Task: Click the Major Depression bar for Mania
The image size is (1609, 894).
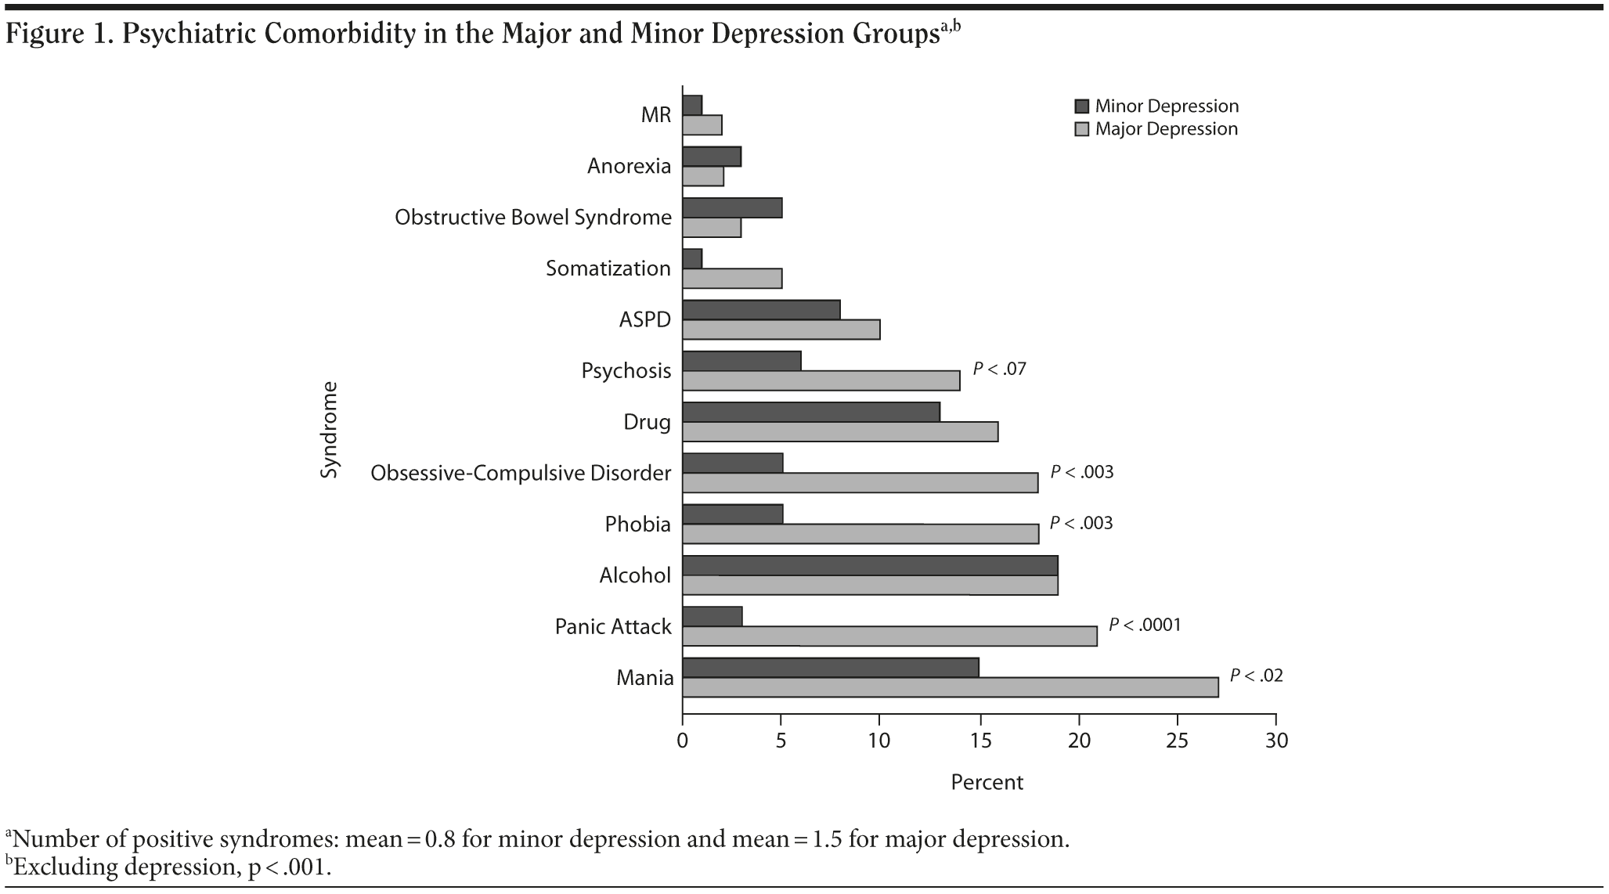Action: [x=950, y=687]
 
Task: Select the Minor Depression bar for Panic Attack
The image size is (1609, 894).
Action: [x=713, y=616]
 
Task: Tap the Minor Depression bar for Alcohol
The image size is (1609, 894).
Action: [x=870, y=565]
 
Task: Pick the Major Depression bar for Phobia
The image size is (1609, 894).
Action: [x=860, y=534]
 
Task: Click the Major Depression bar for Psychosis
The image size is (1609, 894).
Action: [x=821, y=380]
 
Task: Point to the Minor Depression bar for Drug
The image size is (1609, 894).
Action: [x=811, y=412]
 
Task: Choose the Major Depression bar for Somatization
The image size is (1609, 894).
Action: [x=732, y=279]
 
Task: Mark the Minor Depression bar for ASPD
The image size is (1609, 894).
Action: [x=761, y=309]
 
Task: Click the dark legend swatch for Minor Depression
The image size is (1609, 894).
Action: [x=1082, y=106]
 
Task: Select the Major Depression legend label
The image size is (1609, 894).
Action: [x=1166, y=129]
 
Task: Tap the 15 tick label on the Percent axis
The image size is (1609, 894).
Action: [x=979, y=741]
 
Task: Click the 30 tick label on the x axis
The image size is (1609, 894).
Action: [x=1276, y=741]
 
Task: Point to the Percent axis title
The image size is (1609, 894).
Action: [x=987, y=782]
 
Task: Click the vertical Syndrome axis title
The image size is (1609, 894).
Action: [x=330, y=429]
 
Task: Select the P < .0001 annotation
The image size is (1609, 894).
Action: [x=1144, y=625]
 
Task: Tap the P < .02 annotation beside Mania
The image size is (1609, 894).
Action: [x=1256, y=676]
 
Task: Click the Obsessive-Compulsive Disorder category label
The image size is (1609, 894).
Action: [x=521, y=474]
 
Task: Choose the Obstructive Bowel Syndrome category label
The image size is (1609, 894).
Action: [x=533, y=218]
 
